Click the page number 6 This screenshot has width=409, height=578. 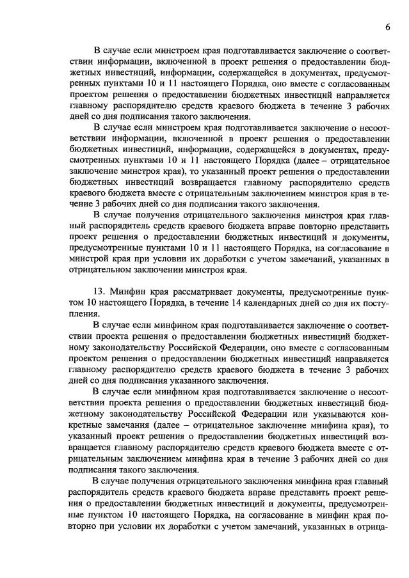point(388,26)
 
